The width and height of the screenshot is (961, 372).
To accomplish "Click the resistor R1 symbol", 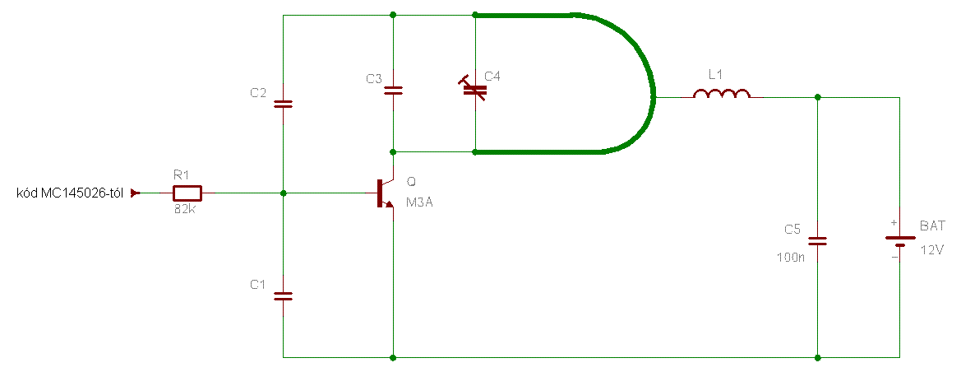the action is point(187,193).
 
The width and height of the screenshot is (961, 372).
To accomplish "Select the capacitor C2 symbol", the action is point(283,104).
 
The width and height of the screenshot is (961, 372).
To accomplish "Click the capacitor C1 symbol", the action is point(283,295).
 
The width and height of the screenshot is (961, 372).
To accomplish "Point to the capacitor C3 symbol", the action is point(394,90).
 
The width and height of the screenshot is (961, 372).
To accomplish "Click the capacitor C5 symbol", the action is point(817,241).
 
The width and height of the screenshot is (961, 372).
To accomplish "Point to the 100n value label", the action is point(790,258).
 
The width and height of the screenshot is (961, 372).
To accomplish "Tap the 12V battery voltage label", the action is point(933,250).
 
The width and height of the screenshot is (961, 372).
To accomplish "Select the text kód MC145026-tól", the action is point(70,193).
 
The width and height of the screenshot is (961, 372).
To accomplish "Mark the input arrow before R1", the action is point(136,193).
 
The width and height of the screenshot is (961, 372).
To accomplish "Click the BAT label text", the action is point(932,225).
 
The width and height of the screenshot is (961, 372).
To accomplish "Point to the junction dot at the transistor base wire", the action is point(283,193).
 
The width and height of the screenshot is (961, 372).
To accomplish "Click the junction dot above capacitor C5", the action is point(817,97).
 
